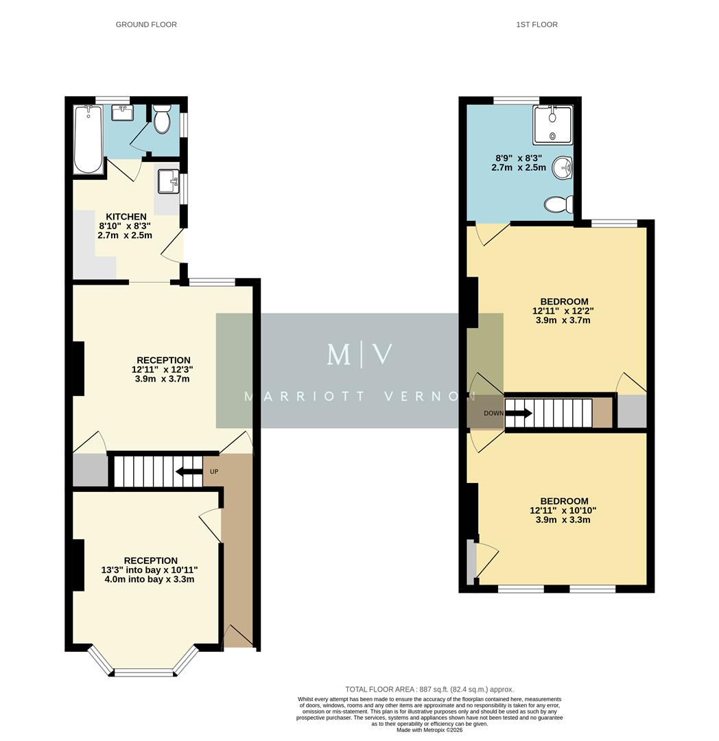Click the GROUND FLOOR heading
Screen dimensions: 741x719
[x=146, y=25]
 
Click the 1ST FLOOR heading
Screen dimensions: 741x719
[x=537, y=25]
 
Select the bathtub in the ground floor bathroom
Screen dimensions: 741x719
[x=88, y=139]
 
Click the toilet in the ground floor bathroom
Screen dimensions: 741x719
[x=162, y=121]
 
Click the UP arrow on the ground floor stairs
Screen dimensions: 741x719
[x=185, y=471]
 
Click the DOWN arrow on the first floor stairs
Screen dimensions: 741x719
[x=518, y=413]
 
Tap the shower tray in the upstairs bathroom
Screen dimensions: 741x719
[x=552, y=125]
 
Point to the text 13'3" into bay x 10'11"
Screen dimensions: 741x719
[x=149, y=570]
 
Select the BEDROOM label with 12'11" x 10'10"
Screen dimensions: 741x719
[x=564, y=502]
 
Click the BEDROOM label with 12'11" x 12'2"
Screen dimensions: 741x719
[x=564, y=302]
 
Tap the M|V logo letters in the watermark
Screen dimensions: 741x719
[x=359, y=354]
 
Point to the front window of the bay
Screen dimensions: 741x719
[x=144, y=672]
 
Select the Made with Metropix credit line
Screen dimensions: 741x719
[x=429, y=729]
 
